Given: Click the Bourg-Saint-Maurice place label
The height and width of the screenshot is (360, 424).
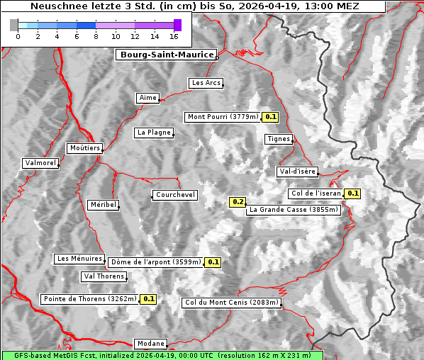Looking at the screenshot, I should [x=166, y=55].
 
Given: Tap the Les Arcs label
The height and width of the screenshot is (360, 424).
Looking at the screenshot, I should [x=206, y=83].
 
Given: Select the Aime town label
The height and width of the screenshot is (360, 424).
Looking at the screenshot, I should [x=148, y=98].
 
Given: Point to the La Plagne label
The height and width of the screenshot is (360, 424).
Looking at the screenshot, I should [x=154, y=133].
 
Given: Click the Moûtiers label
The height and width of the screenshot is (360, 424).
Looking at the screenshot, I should [x=84, y=148].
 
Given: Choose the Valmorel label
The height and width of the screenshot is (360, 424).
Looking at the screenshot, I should [x=40, y=163].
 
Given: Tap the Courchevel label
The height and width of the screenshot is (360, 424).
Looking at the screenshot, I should [x=175, y=195].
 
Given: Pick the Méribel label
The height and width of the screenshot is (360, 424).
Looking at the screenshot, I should [x=103, y=205].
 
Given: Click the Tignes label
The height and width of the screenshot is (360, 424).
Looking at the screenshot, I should [x=279, y=139].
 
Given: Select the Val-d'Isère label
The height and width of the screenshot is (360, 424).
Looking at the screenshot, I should [x=297, y=171].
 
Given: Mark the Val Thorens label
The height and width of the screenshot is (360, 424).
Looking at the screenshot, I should [x=104, y=276].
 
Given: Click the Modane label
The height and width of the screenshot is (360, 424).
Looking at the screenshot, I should [x=150, y=344].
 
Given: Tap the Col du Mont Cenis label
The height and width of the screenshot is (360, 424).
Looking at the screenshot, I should [x=231, y=303].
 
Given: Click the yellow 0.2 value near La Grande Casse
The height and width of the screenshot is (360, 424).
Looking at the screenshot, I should [x=238, y=202].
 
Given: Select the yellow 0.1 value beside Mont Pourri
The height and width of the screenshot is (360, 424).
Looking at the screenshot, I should [x=270, y=117].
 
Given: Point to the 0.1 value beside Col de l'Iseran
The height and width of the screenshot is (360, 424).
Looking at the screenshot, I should [x=352, y=193].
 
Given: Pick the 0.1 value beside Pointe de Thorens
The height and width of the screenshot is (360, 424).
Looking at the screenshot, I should [x=148, y=299].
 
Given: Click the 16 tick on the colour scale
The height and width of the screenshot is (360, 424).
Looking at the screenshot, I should [x=174, y=36].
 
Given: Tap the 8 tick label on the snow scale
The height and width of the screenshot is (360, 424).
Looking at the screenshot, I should [x=96, y=36].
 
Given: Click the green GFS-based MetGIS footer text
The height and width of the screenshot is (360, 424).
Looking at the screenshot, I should [x=162, y=355].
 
